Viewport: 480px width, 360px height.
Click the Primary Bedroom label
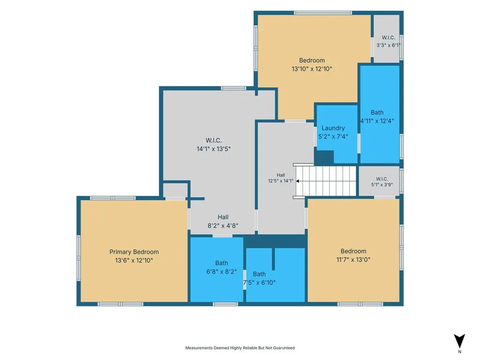(134, 252)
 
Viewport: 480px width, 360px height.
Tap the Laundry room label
(333, 128)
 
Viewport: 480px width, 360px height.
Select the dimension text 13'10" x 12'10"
(312, 69)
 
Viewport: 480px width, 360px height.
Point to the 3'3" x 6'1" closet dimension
(389, 45)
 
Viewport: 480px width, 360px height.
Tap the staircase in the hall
(326, 181)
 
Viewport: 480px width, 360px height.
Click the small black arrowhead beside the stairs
(298, 181)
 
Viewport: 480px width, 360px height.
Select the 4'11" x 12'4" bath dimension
(377, 121)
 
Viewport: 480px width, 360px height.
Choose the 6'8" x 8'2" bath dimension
(221, 271)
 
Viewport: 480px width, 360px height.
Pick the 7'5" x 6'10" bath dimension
(259, 283)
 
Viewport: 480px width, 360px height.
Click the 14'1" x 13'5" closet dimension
(213, 149)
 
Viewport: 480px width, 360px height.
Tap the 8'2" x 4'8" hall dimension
(223, 226)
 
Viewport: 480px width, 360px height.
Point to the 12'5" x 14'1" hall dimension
(281, 181)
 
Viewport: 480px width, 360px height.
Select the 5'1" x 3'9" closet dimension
(382, 185)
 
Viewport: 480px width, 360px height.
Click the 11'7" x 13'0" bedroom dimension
(353, 260)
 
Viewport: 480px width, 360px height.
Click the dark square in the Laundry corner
(324, 157)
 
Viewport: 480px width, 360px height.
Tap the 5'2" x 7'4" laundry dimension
(333, 136)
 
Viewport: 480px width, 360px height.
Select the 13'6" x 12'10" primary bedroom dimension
(134, 261)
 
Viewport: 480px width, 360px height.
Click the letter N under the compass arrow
(459, 352)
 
